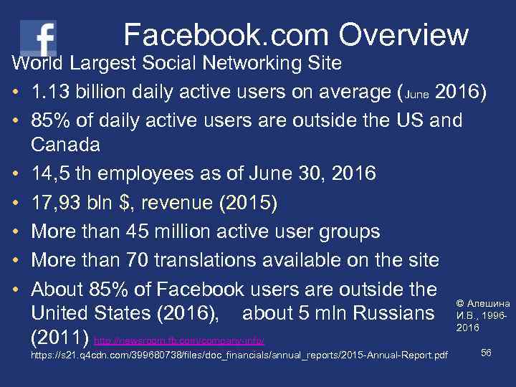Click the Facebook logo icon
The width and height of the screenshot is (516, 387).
click(39, 37)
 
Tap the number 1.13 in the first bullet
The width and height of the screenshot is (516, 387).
click(52, 93)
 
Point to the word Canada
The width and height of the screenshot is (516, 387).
click(66, 145)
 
